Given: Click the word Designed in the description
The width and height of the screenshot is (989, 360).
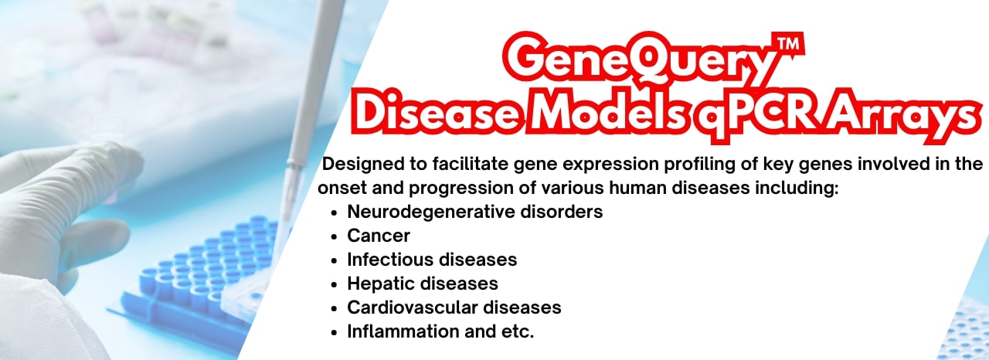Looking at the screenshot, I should click(362, 164).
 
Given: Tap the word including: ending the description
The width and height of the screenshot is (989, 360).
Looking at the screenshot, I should click(801, 188).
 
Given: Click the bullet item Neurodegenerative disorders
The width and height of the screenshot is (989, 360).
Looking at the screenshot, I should click(474, 211).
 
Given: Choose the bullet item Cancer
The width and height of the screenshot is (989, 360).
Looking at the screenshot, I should click(379, 235).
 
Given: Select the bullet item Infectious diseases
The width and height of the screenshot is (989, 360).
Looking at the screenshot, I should click(432, 259).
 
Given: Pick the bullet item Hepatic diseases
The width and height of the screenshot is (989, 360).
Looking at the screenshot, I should click(423, 283).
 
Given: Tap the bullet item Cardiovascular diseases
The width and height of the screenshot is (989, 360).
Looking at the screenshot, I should click(454, 307).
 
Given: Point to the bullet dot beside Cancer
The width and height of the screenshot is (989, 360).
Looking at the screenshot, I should click(334, 236).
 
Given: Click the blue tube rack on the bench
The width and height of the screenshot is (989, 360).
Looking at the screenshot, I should click(201, 270).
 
